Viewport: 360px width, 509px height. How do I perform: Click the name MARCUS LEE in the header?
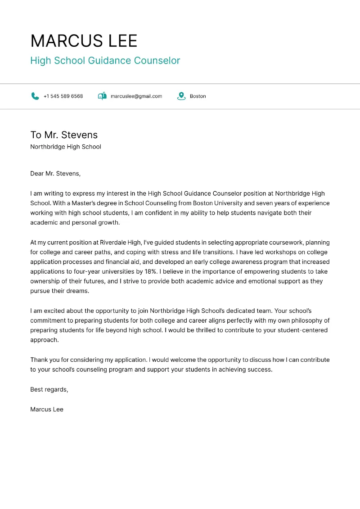tap(84, 41)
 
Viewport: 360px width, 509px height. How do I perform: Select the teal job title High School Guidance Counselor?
tap(105, 61)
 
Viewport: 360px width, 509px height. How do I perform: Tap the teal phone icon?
tap(35, 96)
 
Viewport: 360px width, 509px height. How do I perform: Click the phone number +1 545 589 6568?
tap(63, 96)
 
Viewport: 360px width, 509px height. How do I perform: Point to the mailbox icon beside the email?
tap(102, 96)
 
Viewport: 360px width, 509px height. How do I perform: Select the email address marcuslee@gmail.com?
tap(136, 96)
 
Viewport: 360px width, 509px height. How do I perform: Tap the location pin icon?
tap(181, 96)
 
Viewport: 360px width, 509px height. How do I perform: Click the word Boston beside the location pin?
tap(198, 96)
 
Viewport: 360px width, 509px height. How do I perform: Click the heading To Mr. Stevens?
tap(64, 135)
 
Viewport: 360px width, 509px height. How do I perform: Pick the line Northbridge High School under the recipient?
tap(66, 147)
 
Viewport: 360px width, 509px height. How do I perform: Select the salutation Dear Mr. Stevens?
tap(55, 173)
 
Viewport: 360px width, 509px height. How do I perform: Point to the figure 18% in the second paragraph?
tap(151, 271)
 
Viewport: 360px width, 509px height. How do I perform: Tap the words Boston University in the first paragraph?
tap(218, 203)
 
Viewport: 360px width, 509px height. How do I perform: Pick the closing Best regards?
tap(49, 389)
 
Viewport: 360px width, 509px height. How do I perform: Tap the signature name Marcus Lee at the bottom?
tap(47, 409)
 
